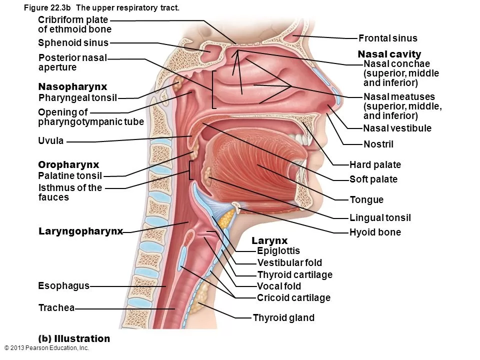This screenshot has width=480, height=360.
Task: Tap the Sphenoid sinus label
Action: (73, 43)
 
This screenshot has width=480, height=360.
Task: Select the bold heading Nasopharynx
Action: (72, 86)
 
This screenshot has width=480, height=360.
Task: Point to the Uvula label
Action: (51, 140)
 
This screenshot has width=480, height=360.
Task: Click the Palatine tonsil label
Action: (70, 175)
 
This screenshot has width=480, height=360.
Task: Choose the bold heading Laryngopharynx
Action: (80, 231)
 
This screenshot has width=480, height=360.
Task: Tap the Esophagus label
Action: (63, 285)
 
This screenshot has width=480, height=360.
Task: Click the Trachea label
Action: (56, 308)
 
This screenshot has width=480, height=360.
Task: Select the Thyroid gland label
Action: (283, 317)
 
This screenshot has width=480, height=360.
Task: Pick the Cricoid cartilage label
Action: (293, 298)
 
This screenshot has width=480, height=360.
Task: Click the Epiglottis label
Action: (278, 251)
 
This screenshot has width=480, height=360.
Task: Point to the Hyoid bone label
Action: (375, 232)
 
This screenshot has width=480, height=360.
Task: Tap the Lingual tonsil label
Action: (380, 217)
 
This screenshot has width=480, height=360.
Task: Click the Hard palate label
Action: (375, 164)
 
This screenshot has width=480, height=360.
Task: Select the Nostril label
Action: (378, 144)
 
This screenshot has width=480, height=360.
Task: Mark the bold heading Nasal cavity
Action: (389, 54)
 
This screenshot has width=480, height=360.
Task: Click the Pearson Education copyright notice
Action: (46, 348)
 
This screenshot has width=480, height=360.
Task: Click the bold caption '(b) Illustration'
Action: (74, 338)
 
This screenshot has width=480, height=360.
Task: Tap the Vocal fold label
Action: (278, 286)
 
